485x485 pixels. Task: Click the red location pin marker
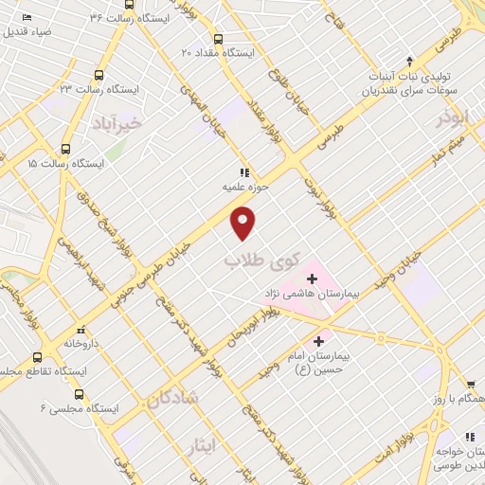coord(243,223)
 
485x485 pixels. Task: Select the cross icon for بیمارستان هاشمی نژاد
coord(312,278)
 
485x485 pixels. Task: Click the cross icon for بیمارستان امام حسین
coord(318,341)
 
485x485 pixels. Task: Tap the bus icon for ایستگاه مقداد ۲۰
coord(218,40)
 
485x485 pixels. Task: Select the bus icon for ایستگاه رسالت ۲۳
coord(99,75)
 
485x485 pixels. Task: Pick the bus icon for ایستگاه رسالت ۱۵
coord(65,148)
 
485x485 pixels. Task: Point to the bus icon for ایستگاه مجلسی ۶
coord(78,394)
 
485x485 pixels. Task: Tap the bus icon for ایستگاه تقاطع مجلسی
coord(37,358)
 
